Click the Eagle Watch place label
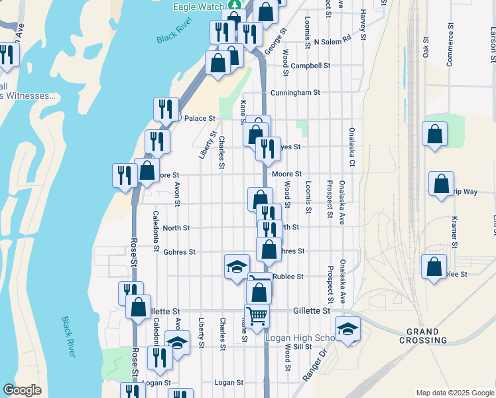(x=198, y=6)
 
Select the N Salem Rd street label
(x=332, y=41)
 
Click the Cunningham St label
(x=295, y=92)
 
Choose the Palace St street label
(x=200, y=118)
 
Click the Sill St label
(x=302, y=346)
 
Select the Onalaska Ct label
(x=352, y=147)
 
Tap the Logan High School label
(x=298, y=338)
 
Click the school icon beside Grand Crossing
(x=347, y=329)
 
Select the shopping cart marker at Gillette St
(x=257, y=314)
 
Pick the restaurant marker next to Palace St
(x=166, y=109)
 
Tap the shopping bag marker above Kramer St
(x=441, y=183)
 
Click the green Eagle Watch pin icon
(x=234, y=5)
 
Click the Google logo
(x=22, y=390)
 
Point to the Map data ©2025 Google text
(x=455, y=393)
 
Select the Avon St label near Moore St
(x=177, y=194)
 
